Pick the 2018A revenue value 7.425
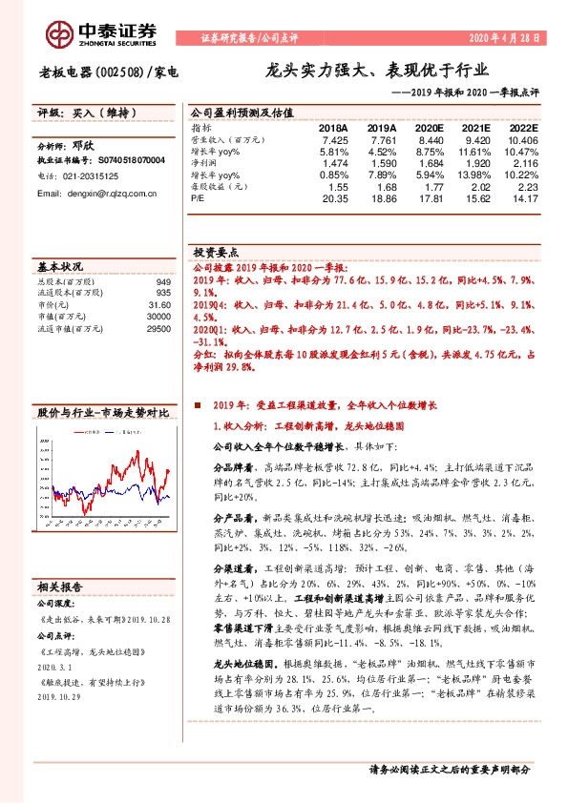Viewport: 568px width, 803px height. pos(323,139)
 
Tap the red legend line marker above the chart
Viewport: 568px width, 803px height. pos(78,432)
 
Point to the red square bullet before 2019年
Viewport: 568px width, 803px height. pos(197,405)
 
